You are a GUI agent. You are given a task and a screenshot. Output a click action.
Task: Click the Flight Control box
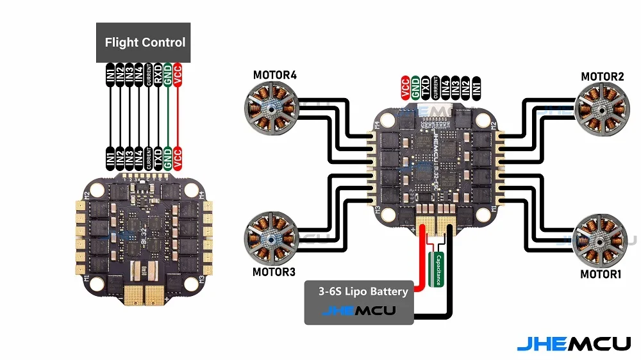tap(144, 43)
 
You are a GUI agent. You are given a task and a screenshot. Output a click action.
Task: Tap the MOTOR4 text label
tap(274, 76)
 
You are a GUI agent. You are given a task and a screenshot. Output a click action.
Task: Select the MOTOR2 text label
tap(603, 77)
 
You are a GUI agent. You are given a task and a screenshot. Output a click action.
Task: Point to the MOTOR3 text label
tap(274, 272)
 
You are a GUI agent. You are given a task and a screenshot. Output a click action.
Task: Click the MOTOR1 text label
tap(601, 274)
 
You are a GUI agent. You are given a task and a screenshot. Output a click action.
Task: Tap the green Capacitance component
tap(438, 269)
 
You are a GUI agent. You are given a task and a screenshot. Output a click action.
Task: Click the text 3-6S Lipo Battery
tap(363, 292)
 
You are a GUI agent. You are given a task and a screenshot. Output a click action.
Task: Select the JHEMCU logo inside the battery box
tap(358, 311)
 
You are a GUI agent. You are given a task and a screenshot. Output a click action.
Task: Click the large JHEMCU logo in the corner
tap(574, 343)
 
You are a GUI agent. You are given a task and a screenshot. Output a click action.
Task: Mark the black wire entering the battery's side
tap(436, 315)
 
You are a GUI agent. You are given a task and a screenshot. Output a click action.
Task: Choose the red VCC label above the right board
tap(405, 88)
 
